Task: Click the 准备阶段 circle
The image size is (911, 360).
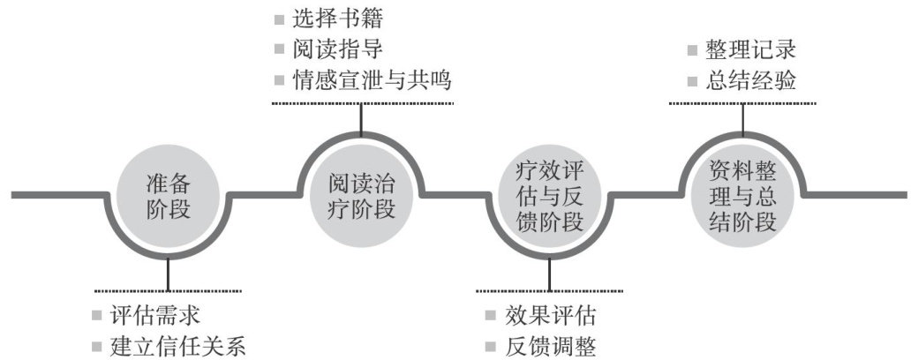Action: [168, 196]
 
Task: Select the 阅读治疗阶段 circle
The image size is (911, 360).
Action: [360, 196]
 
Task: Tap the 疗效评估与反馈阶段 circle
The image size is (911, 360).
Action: [549, 196]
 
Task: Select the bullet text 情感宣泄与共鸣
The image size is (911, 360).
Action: [372, 80]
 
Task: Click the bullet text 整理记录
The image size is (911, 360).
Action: [751, 49]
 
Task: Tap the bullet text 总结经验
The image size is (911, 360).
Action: [751, 81]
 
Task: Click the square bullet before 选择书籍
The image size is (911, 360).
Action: [280, 19]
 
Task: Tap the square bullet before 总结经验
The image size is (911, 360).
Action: [694, 82]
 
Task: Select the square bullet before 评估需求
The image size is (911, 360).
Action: [100, 316]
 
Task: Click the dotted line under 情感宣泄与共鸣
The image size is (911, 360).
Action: [362, 104]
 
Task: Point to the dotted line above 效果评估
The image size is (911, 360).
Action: [549, 289]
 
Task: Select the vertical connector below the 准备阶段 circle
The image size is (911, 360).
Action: [167, 274]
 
